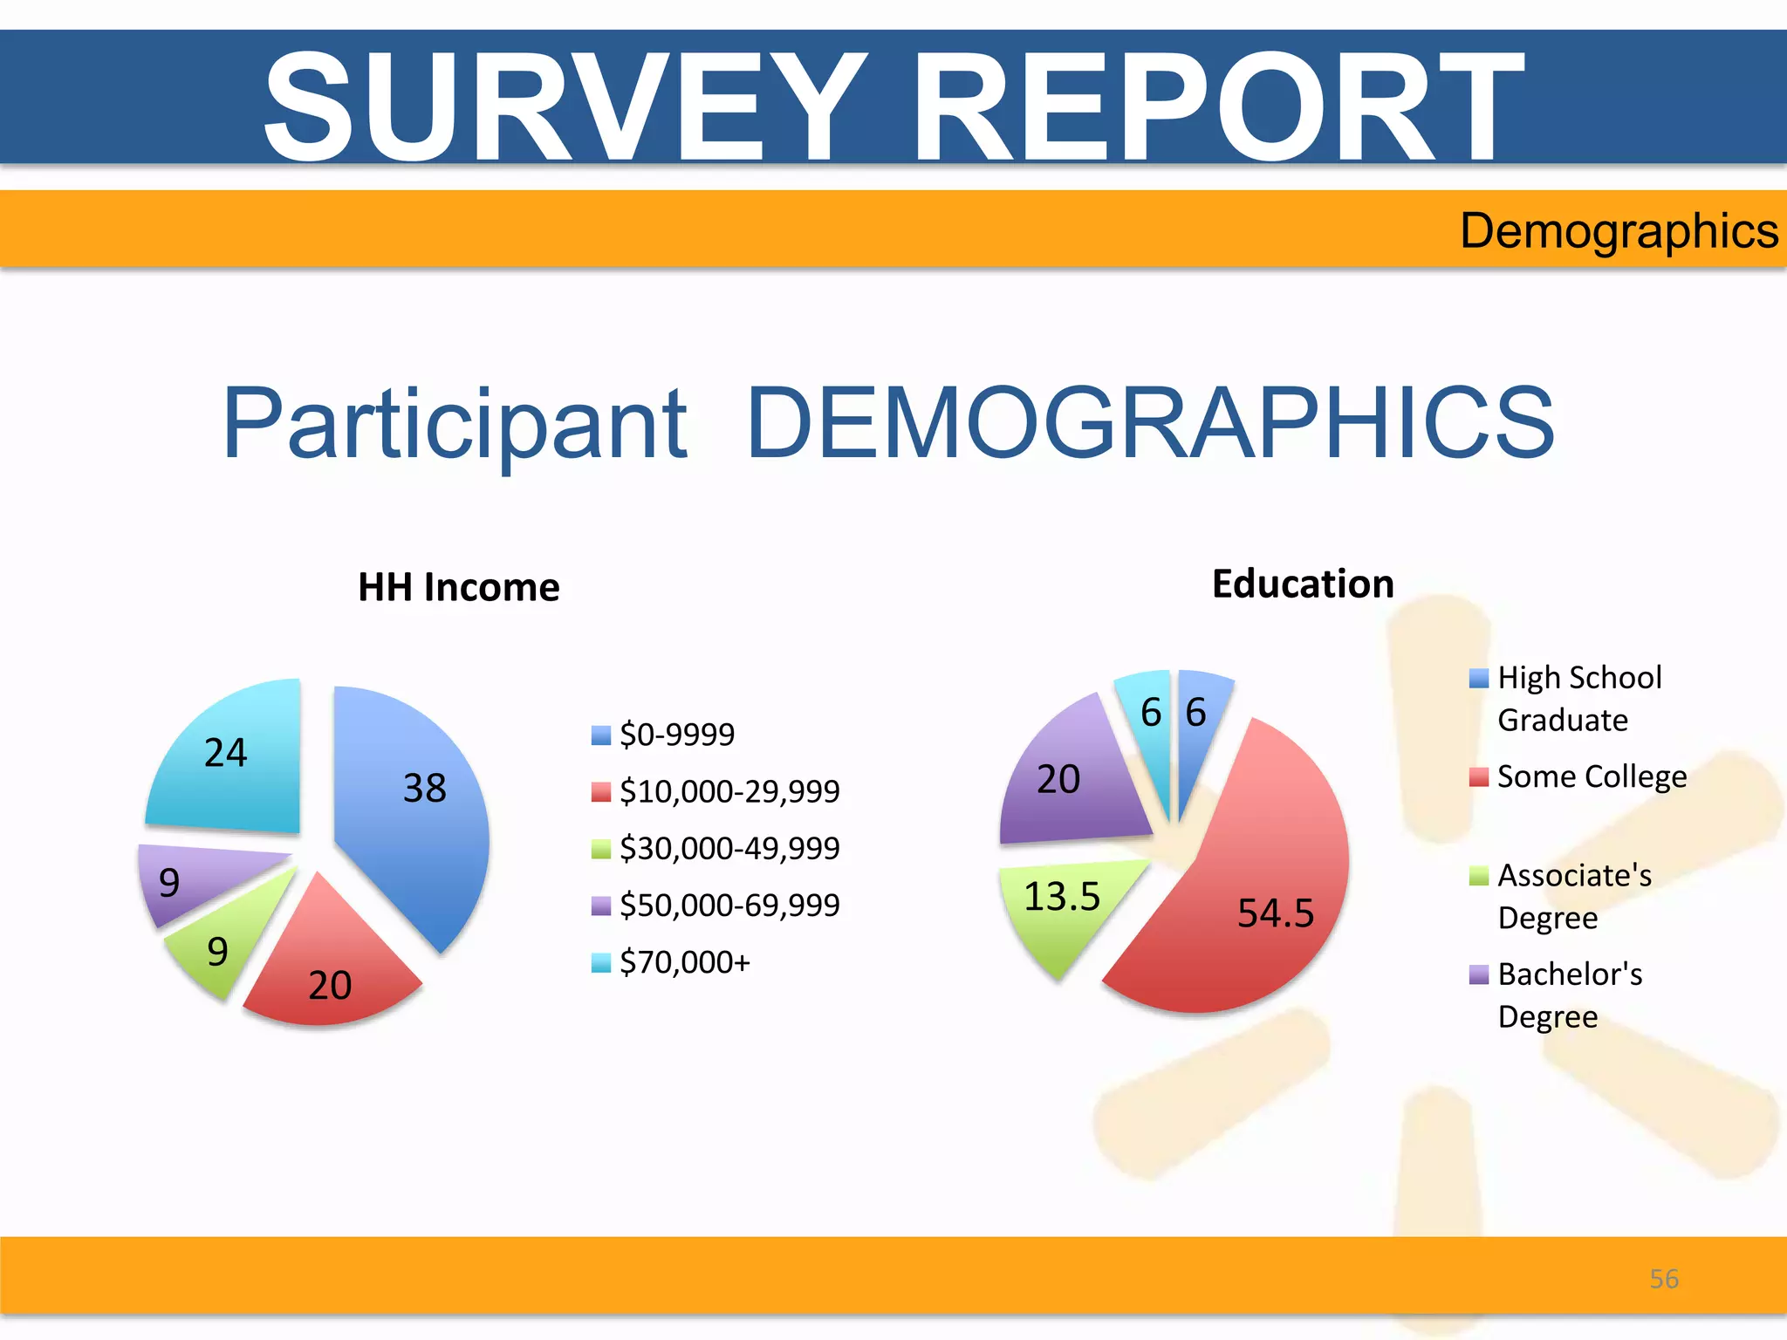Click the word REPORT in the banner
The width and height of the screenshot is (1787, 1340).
tap(1216, 106)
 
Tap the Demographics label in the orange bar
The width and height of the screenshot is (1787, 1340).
tap(1619, 231)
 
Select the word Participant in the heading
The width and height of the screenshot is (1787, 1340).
tap(455, 424)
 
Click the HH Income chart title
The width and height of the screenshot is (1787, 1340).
tap(458, 587)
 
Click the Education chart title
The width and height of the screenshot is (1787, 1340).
tap(1303, 584)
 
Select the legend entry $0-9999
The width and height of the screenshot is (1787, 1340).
tap(676, 735)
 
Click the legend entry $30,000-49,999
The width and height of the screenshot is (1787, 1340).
tap(729, 848)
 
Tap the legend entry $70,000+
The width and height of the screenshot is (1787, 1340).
tap(684, 962)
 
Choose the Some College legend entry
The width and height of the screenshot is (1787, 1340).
tap(1591, 776)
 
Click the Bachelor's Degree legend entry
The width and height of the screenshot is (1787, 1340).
tap(1569, 995)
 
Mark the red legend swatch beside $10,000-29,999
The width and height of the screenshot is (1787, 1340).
tap(600, 792)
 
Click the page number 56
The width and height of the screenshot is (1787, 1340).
tap(1663, 1279)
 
